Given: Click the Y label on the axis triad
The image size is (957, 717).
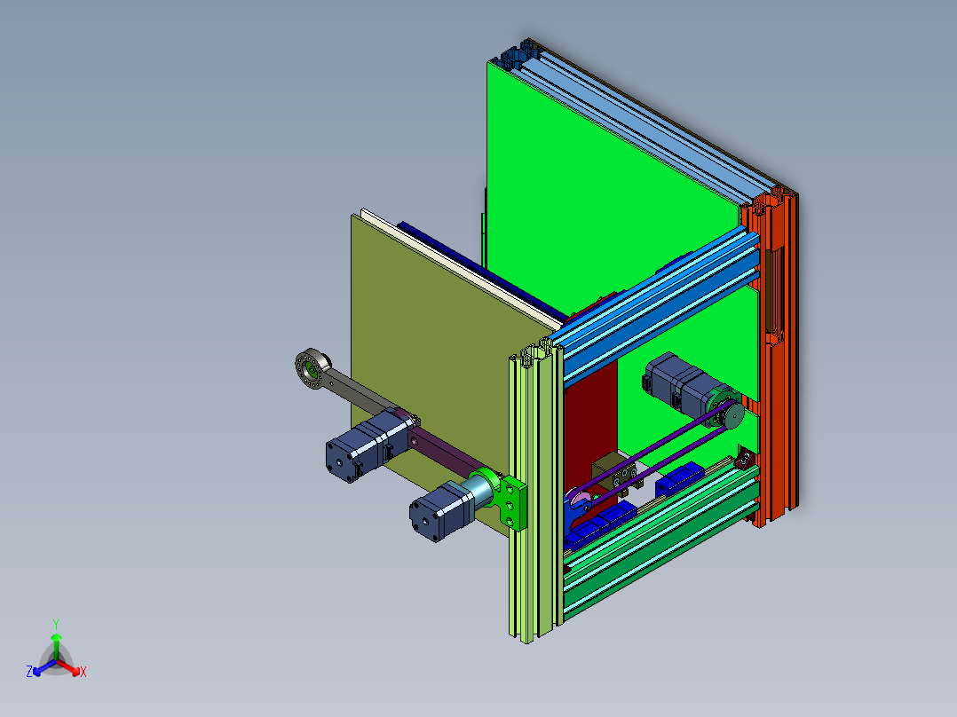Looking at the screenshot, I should click(x=56, y=624).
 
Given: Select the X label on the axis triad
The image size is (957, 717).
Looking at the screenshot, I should click(x=83, y=673).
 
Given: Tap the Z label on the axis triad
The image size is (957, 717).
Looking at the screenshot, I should click(x=29, y=673).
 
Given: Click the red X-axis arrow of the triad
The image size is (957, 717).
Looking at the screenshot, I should click(x=71, y=666).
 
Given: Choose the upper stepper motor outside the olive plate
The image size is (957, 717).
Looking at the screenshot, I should click(x=360, y=445).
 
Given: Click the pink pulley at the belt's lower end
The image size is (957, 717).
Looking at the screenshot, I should click(x=580, y=505).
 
